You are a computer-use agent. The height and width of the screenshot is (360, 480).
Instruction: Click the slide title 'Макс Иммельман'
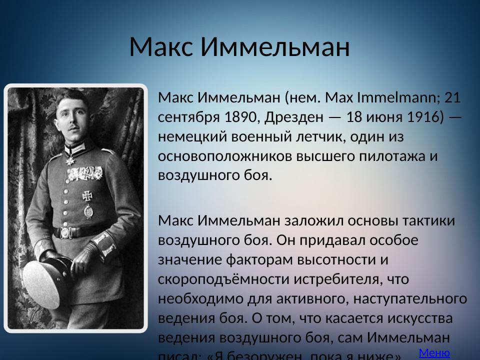coord(239,47)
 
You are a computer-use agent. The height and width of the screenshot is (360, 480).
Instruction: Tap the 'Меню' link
coord(434,352)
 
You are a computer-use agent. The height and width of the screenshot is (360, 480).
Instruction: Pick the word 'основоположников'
coord(225,156)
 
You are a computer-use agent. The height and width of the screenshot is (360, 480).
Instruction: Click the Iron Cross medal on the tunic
coord(88,195)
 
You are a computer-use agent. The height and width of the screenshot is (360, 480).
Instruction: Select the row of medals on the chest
coord(85,173)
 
